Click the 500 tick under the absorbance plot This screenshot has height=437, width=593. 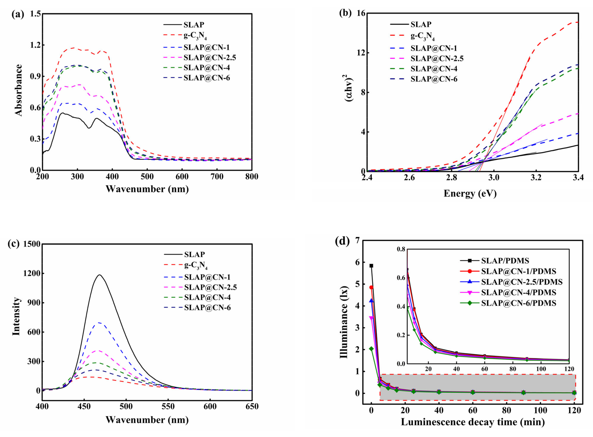147,176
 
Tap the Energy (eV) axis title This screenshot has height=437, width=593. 470,193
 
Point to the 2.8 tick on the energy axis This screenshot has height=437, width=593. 451,177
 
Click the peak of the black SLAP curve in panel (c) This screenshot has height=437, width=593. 100,275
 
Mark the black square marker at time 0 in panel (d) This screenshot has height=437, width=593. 371,266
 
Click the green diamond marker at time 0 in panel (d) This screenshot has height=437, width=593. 371,349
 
